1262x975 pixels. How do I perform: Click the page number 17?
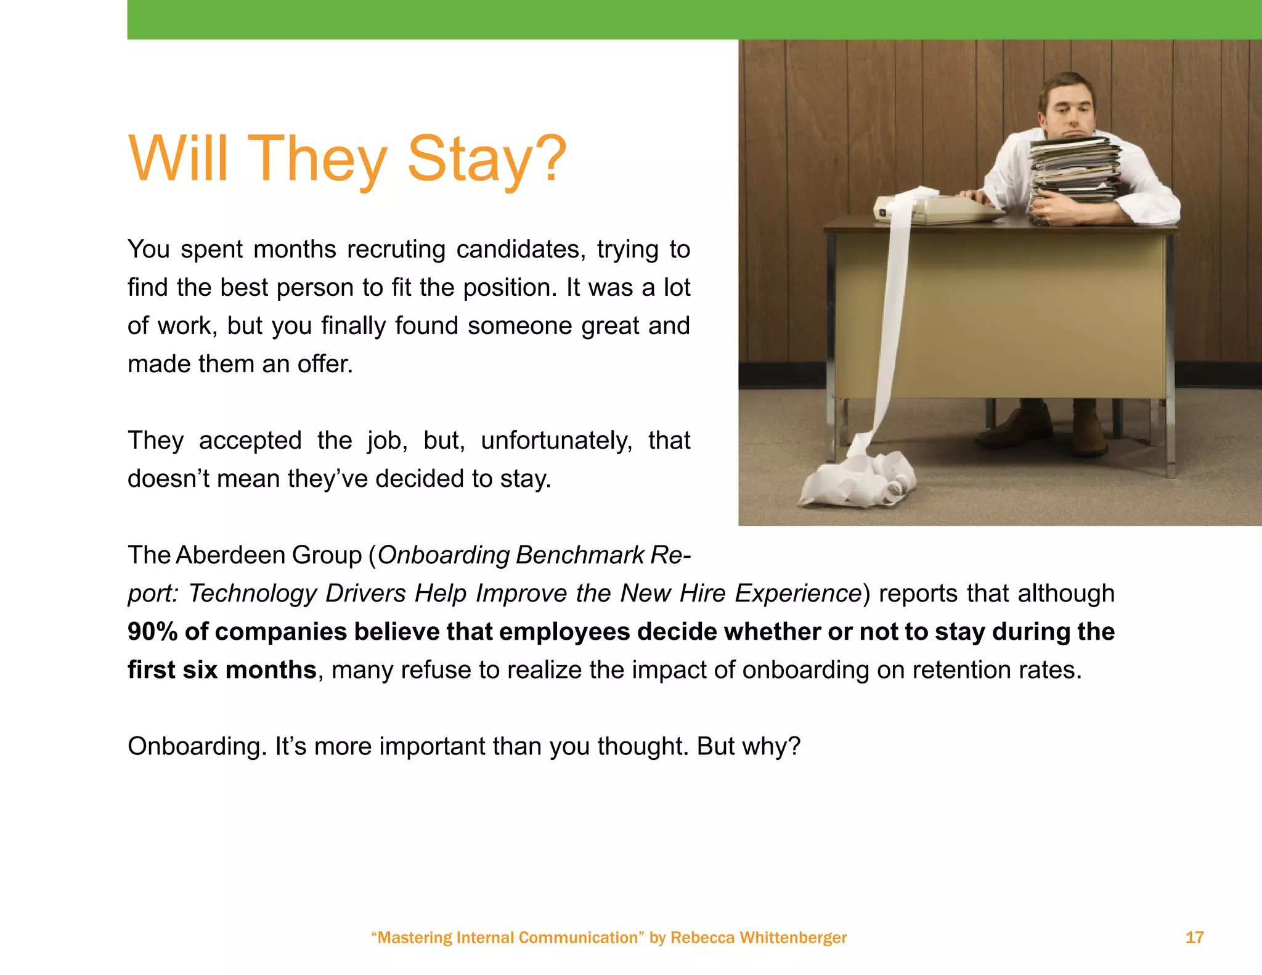1194,937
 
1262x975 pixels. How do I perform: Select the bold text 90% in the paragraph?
152,632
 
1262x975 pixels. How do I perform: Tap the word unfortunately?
556,441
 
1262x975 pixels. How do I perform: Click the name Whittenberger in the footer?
792,937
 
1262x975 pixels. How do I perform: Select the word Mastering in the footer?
415,937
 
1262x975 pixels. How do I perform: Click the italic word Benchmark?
580,555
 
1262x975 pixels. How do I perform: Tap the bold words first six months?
222,670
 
